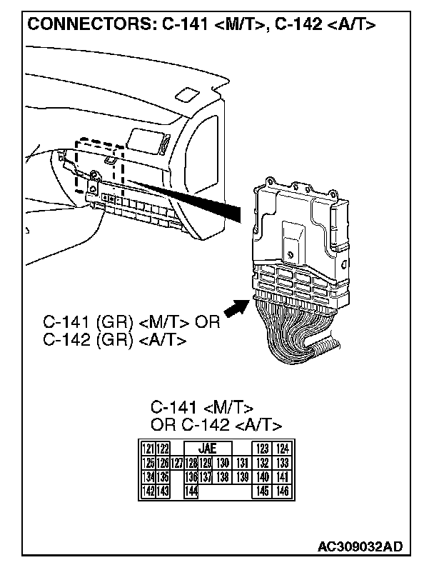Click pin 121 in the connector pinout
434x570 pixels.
pyautogui.click(x=148, y=449)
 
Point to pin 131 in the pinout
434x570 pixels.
pyautogui.click(x=241, y=463)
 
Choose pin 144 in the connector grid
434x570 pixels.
pyautogui.click(x=191, y=491)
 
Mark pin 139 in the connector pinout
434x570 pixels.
pyautogui.click(x=241, y=476)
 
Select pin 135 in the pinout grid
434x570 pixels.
pyautogui.click(x=163, y=476)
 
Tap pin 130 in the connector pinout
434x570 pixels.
pyautogui.click(x=222, y=463)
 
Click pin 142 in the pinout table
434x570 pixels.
pyautogui.click(x=148, y=491)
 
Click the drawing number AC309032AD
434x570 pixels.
pyautogui.click(x=360, y=547)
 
